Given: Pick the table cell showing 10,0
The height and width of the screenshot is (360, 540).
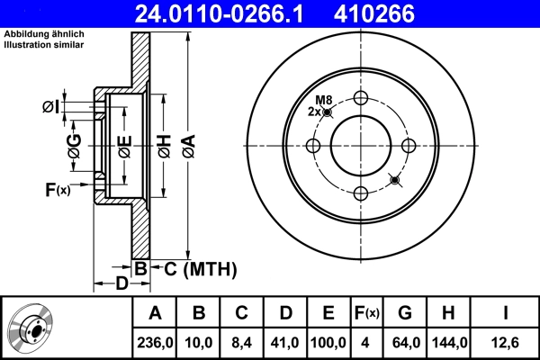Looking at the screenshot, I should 200,342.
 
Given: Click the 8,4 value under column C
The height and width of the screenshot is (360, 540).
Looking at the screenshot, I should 241,342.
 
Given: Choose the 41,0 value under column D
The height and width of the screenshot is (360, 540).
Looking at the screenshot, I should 283,342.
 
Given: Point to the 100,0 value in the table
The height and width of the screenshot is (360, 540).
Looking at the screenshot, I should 328,342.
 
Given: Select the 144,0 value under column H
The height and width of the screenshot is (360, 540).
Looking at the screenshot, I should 450,342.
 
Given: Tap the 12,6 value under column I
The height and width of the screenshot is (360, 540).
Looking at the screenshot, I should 506,342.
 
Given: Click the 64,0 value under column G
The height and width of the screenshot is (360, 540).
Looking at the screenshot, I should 405,342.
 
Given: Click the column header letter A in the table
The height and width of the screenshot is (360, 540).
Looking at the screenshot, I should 156,313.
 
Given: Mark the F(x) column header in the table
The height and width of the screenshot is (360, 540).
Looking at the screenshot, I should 366,313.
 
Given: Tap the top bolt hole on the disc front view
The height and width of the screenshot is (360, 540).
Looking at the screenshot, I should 361,98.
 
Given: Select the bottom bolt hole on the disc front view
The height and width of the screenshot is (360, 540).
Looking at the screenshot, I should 361,193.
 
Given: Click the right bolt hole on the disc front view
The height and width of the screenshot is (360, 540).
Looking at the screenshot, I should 409,146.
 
